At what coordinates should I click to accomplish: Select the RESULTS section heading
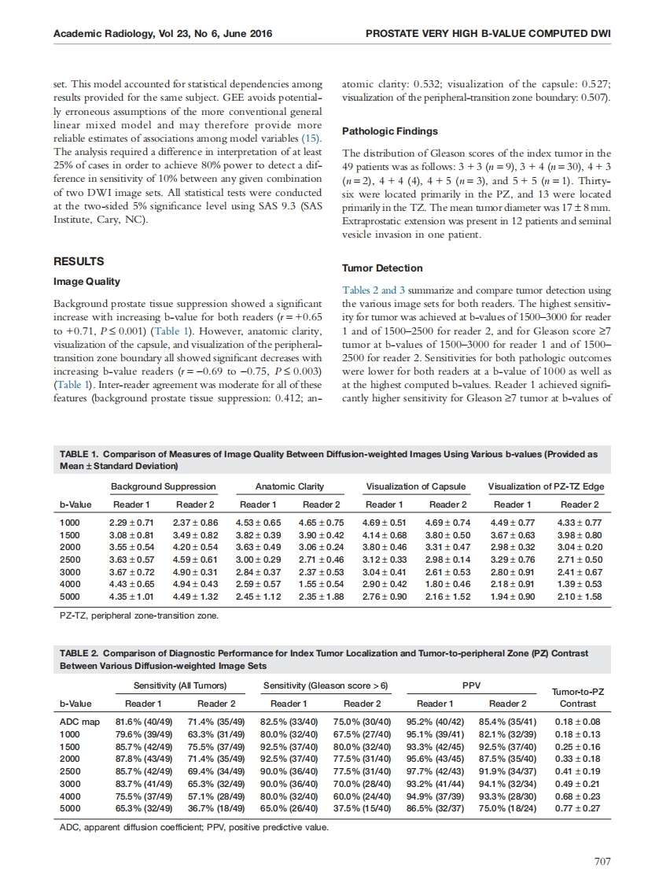[x=78, y=260]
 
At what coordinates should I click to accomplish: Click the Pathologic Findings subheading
[x=391, y=131]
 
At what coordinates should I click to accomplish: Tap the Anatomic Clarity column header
[x=289, y=487]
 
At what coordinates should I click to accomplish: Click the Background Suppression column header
[x=163, y=487]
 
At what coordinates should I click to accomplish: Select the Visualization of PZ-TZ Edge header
[x=546, y=487]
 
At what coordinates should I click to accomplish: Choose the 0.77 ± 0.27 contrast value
[x=577, y=806]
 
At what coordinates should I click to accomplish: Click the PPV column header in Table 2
[x=470, y=685]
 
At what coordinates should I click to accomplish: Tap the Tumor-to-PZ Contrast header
[x=577, y=696]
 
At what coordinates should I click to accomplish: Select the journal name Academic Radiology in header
[x=107, y=33]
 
